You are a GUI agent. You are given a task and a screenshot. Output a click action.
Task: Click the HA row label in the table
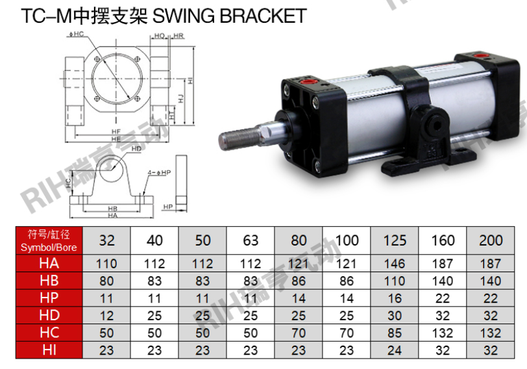point(49,264)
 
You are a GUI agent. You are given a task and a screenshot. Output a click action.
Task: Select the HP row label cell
point(49,298)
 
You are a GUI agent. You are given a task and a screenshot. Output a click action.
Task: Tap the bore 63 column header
point(251,240)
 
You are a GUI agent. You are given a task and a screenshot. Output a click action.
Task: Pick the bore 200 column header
point(491,240)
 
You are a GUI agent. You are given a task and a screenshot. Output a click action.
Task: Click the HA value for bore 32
point(107,264)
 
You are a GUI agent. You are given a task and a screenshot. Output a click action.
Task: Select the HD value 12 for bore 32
point(107,316)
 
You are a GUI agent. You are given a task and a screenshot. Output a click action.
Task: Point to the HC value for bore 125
point(395,333)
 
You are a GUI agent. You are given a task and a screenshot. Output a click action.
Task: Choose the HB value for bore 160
point(443,281)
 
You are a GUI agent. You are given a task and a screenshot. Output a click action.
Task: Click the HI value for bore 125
point(395,350)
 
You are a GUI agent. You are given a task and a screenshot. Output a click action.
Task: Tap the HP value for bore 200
point(491,298)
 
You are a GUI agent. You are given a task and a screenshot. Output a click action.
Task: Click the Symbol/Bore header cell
point(49,240)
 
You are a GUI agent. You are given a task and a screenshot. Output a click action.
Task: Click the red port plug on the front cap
point(307,83)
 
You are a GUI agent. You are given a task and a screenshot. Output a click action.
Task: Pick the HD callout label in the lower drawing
point(136,149)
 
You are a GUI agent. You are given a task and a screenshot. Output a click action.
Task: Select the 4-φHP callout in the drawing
point(158,172)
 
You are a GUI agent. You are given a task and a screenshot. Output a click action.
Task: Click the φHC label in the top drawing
point(76,33)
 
